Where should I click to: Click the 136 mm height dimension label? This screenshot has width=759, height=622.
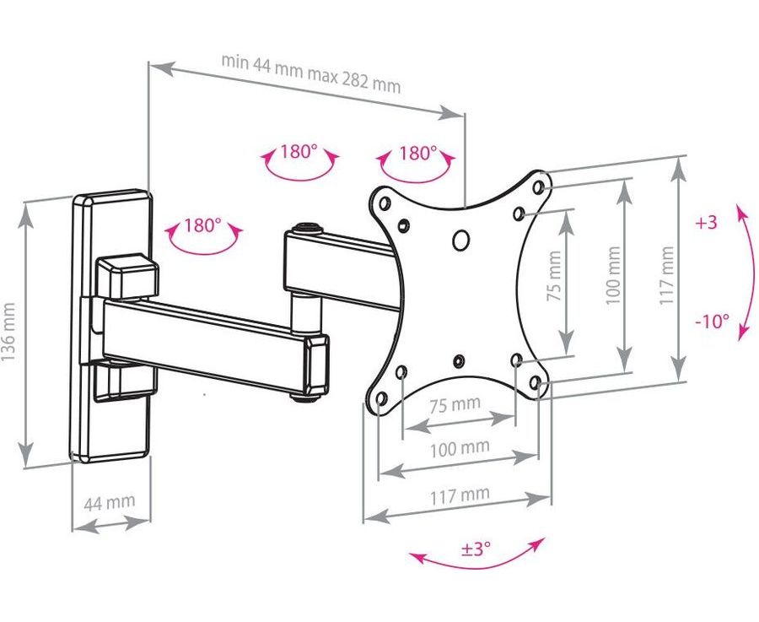8,333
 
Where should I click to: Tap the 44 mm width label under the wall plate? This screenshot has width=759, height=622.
110,502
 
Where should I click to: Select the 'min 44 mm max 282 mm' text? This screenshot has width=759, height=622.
311,73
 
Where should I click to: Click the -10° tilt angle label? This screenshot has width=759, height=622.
713,321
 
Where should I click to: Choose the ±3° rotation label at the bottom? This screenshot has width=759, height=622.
476,549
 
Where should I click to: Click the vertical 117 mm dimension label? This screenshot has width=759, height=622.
666,275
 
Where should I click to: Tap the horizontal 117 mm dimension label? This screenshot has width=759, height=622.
460,495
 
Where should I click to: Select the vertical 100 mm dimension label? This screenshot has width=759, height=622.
613,275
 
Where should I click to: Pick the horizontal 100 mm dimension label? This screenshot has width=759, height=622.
460,448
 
